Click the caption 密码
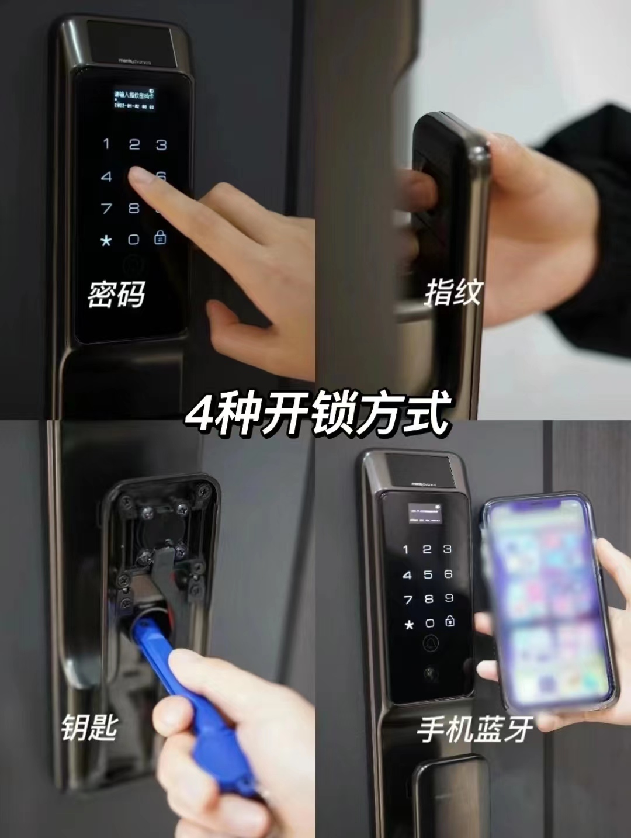point(116,294)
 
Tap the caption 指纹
point(453,292)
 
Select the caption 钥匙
point(89,728)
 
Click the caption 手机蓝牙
point(474,730)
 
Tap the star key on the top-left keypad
point(106,240)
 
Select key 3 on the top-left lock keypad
point(161,144)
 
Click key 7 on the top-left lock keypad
point(106,208)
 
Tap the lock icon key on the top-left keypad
point(160,238)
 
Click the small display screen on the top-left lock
point(134,99)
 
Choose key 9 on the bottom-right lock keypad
point(449,598)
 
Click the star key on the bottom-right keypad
point(409,625)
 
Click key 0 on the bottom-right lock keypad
point(429,623)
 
